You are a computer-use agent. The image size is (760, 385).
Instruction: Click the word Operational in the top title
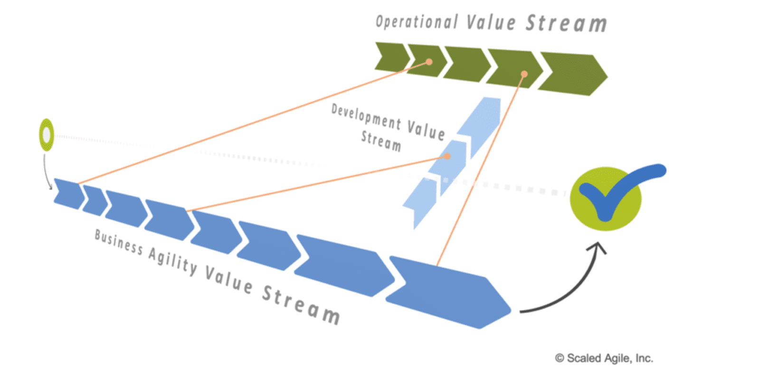coord(417,22)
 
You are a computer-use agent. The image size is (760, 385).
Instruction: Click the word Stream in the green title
coord(566,23)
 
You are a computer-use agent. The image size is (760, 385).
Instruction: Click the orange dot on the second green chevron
coord(429,62)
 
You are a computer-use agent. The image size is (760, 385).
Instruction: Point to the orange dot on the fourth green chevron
coord(524,74)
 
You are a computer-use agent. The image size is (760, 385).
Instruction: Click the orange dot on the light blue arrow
coord(447,156)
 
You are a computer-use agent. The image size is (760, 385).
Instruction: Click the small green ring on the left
coord(46,135)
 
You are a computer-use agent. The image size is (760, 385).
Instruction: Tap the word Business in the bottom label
coord(118,242)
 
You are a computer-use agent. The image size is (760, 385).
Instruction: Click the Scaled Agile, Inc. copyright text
coord(604,358)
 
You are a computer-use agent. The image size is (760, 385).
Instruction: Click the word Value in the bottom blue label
coord(228,278)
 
